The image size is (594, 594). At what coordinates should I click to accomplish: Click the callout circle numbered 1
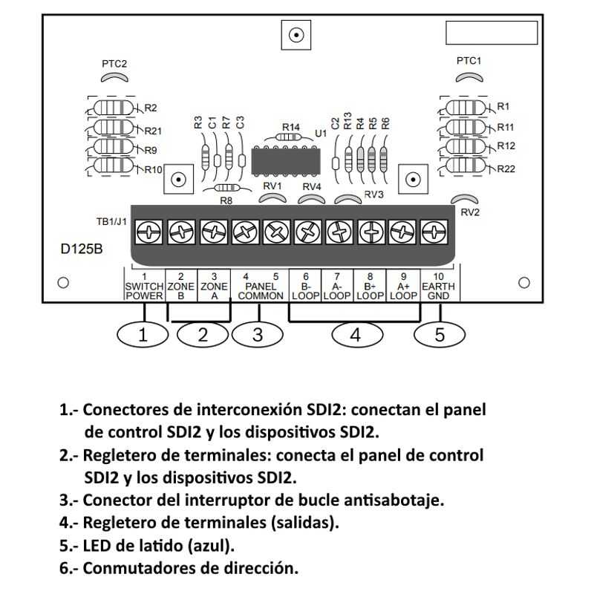[143, 335]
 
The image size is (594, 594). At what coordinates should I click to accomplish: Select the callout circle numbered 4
[355, 335]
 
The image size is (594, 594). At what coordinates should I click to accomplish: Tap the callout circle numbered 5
[439, 335]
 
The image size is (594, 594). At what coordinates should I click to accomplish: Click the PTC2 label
[114, 64]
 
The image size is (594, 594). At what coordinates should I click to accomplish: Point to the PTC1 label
[469, 61]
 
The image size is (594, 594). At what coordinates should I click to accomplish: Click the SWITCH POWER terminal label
[143, 290]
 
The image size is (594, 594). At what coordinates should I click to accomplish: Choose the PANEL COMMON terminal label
[260, 290]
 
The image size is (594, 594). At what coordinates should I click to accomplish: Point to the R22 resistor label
[506, 169]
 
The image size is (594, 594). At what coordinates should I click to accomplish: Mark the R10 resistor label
[153, 169]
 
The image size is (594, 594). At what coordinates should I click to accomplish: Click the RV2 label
[469, 212]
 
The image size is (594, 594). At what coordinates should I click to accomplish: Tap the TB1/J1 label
[111, 221]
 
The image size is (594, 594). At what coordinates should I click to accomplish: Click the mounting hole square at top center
[297, 34]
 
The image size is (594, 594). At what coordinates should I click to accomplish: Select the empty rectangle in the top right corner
[491, 33]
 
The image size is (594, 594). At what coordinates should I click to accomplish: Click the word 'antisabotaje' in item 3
[401, 500]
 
